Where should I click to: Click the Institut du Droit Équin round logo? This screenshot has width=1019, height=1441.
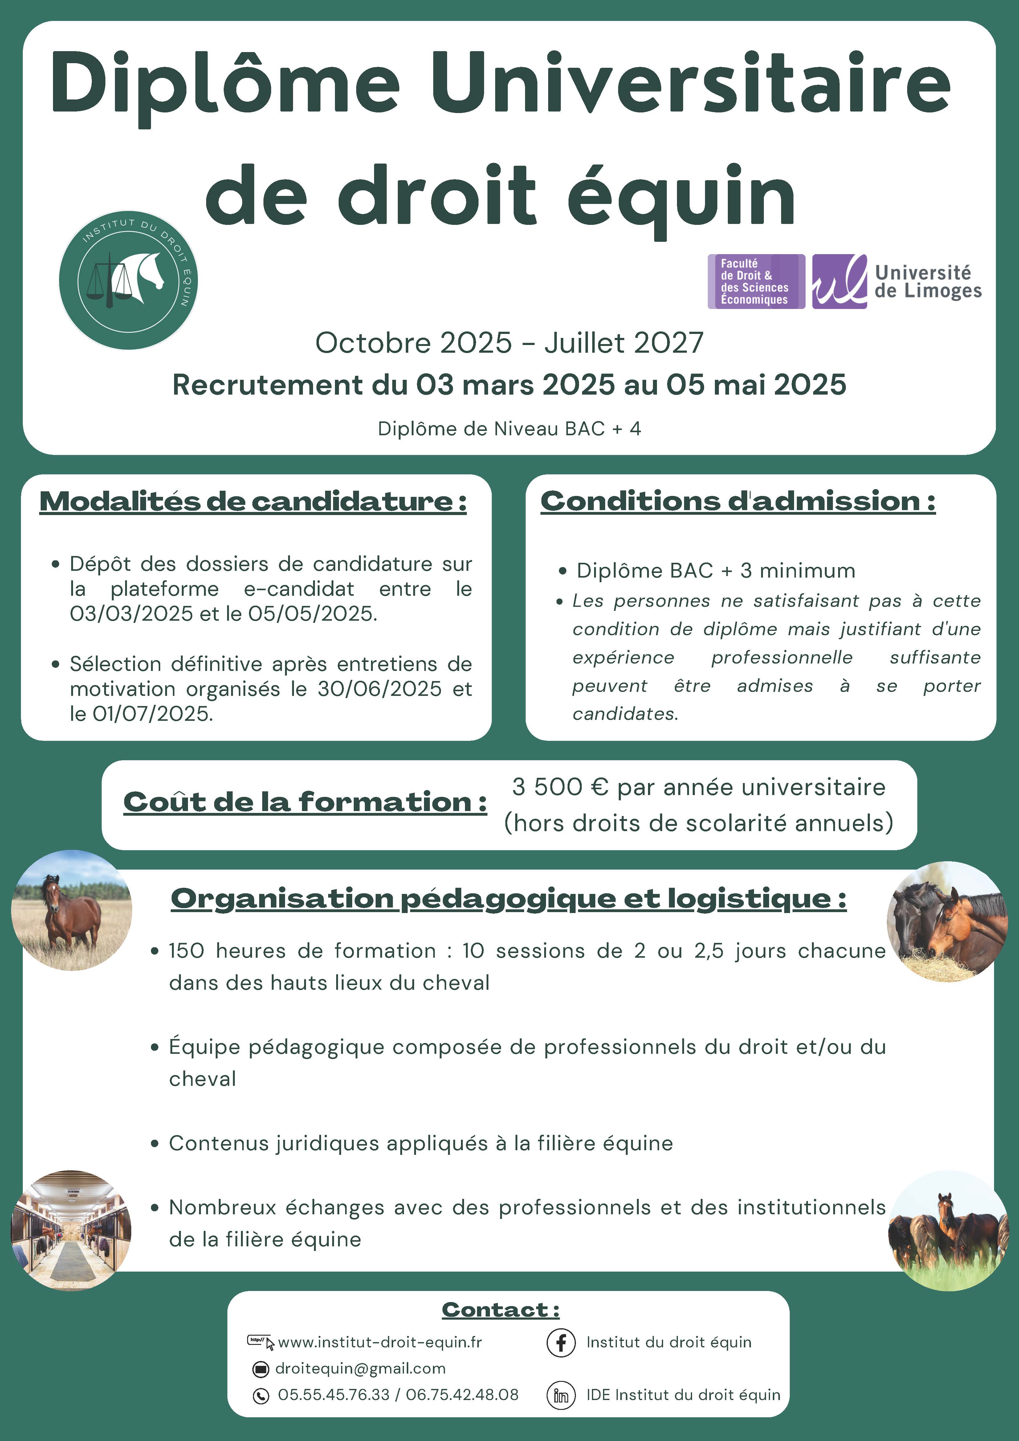129,280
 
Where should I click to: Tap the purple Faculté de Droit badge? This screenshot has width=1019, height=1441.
756,281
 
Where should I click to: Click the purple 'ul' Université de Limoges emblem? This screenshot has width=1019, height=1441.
839,281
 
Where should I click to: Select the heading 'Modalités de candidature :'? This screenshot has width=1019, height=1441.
253,501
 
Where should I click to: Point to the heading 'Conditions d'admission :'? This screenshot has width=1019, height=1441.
738,501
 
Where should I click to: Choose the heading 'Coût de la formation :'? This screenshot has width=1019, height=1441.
305,802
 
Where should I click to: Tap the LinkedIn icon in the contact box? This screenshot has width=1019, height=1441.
561,1395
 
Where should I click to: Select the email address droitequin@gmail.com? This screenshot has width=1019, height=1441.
361,1369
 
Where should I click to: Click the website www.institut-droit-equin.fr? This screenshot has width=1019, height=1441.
380,1342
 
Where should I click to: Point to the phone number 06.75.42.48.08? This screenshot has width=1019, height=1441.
462,1395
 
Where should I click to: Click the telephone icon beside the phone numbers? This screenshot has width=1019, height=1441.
260,1396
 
